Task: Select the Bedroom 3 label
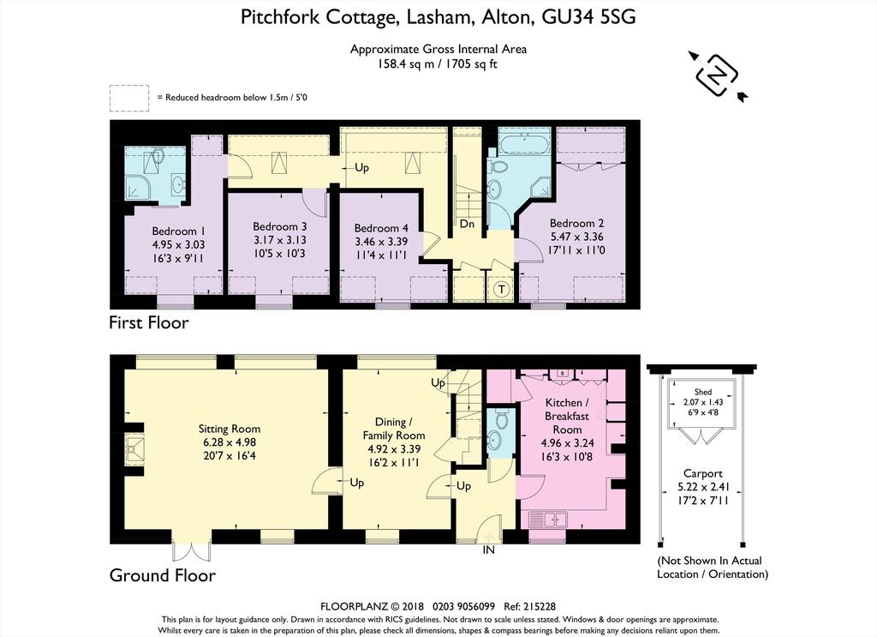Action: tap(280, 226)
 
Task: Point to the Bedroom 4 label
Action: tap(381, 228)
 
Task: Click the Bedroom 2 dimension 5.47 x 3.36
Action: tap(576, 237)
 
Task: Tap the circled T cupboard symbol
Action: tap(502, 290)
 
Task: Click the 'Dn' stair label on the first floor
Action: tap(467, 224)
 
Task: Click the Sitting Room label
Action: tap(230, 430)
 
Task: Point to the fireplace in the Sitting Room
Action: tap(134, 449)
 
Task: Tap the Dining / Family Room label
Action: tap(394, 429)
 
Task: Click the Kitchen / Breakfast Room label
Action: tap(567, 416)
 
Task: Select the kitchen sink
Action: tap(548, 520)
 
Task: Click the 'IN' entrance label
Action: tap(489, 550)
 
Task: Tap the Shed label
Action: tap(703, 392)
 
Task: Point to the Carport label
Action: tap(703, 473)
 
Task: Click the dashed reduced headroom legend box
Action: tap(129, 98)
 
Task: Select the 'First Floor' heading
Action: tap(149, 322)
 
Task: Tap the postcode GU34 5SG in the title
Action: tap(589, 17)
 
